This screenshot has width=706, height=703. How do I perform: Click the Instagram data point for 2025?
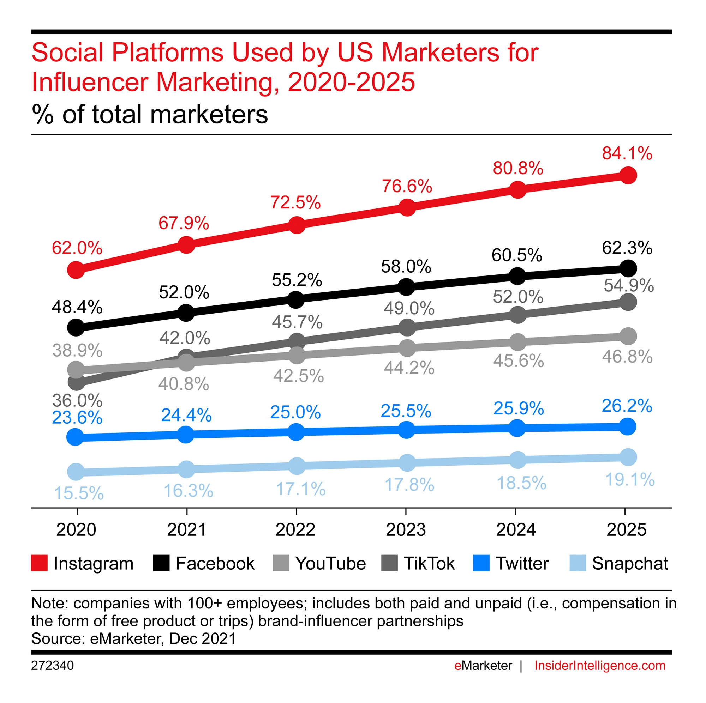[x=627, y=175]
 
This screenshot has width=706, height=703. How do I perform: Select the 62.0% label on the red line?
[x=77, y=248]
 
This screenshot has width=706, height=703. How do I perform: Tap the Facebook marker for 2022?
[x=296, y=299]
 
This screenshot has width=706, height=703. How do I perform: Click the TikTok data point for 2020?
[x=76, y=382]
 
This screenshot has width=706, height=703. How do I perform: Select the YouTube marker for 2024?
[x=517, y=342]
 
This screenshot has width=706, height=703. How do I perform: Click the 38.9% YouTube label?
[x=77, y=350]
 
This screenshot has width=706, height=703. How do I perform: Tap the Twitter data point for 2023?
[x=406, y=430]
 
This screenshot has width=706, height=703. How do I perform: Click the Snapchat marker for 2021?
[x=186, y=469]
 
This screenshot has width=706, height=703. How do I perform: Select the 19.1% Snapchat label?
[x=630, y=479]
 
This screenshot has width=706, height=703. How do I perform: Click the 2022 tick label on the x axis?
[x=295, y=529]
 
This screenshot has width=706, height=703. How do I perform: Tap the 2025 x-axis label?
[x=626, y=529]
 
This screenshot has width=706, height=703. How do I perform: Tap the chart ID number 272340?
[x=52, y=665]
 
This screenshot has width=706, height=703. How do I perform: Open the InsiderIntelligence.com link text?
[x=600, y=665]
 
